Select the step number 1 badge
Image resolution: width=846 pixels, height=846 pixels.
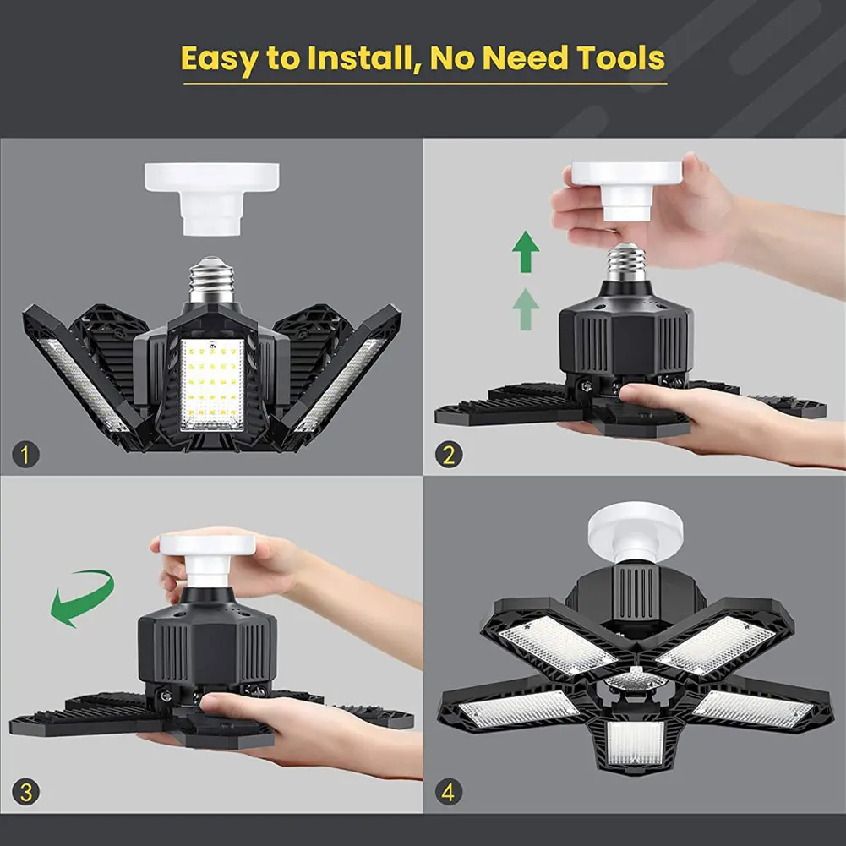click(25, 456)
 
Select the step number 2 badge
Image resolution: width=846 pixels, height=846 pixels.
click(449, 455)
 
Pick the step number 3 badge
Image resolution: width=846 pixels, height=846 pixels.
click(25, 792)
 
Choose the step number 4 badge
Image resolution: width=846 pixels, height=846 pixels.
click(449, 793)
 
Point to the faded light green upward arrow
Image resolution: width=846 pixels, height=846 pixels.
click(526, 309)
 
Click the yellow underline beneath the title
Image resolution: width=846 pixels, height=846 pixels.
click(423, 83)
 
